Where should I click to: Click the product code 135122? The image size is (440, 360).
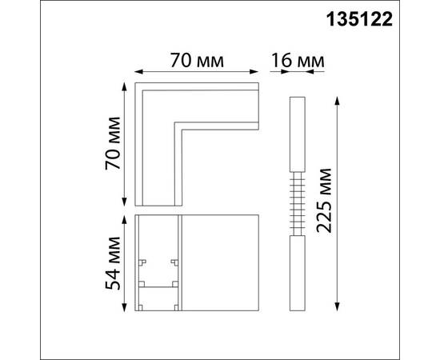pyautogui.click(x=359, y=20)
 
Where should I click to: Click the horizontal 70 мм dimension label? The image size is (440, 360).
pyautogui.click(x=197, y=60)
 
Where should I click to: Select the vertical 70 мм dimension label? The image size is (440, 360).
pyautogui.click(x=113, y=143)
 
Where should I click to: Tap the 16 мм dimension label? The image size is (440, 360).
pyautogui.click(x=298, y=61)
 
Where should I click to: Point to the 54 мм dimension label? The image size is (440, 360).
pyautogui.click(x=113, y=263)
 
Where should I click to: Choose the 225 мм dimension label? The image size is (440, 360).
pyautogui.click(x=324, y=200)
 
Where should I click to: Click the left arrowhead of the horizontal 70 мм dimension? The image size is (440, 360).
pyautogui.click(x=139, y=72)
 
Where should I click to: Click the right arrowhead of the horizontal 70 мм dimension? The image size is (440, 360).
pyautogui.click(x=254, y=72)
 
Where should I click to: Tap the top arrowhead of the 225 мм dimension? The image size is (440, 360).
pyautogui.click(x=338, y=101)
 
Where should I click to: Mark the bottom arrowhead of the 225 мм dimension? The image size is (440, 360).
pyautogui.click(x=338, y=306)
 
